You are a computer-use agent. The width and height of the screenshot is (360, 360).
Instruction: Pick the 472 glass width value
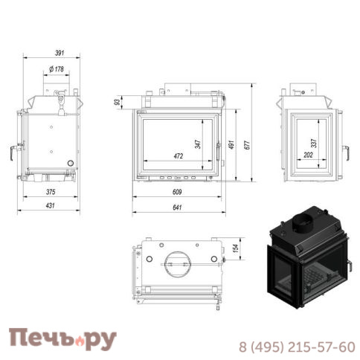(x=178, y=156)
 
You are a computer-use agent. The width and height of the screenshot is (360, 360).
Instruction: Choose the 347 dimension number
(x=198, y=144)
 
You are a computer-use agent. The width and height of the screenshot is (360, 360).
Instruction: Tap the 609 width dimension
(x=176, y=191)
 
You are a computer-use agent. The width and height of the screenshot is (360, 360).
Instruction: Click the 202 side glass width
(x=308, y=155)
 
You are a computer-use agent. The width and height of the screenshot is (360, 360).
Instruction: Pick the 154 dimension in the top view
(x=236, y=248)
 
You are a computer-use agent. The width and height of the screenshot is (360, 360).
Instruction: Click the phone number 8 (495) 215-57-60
(x=295, y=347)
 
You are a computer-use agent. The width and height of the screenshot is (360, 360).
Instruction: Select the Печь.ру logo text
(x=62, y=339)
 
